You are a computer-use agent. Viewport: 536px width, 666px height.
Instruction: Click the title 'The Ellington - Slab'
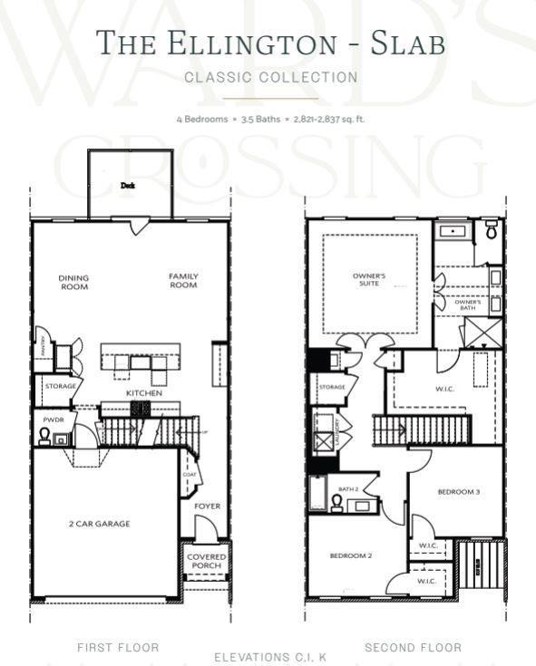[x=270, y=43]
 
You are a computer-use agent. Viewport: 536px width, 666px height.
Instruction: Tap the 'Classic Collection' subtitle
[x=270, y=78]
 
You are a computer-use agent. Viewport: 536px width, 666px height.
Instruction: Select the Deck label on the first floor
[x=128, y=185]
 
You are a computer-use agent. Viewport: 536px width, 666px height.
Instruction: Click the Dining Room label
[x=73, y=282]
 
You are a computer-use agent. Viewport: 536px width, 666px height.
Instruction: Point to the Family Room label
[x=183, y=281]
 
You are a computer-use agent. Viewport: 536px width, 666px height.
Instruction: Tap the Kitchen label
[x=144, y=393]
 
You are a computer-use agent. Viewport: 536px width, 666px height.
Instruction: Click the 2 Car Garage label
[x=100, y=524]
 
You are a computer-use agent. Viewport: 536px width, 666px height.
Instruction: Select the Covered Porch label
[x=207, y=561]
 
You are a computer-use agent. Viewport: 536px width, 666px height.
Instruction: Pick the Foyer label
[x=207, y=506]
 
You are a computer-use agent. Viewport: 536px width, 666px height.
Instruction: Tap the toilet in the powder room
[x=44, y=436]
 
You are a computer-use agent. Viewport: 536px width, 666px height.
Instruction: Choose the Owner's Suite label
[x=369, y=279]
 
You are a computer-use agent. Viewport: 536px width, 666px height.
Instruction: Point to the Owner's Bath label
[x=467, y=304]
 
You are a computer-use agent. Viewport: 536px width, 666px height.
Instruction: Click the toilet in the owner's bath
[x=491, y=230]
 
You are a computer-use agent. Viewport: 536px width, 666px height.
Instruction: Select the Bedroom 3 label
[x=458, y=492]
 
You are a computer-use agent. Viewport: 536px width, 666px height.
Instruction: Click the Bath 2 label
[x=349, y=489]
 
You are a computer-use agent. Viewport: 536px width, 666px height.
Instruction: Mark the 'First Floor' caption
[x=118, y=647]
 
